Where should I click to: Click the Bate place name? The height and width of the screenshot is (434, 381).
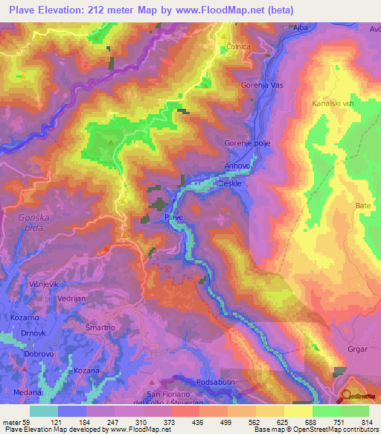pos(363,204)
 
